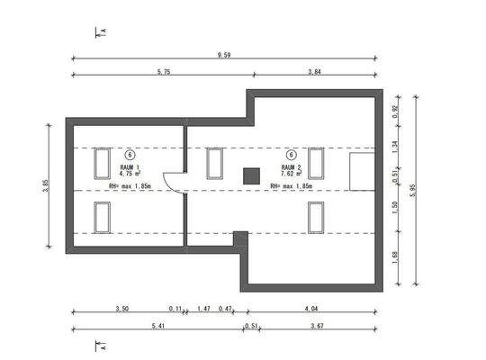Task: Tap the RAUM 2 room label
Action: pyautogui.click(x=292, y=167)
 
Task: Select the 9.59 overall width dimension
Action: pyautogui.click(x=222, y=55)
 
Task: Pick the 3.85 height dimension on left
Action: pyautogui.click(x=46, y=185)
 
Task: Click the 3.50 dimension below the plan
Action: pyautogui.click(x=122, y=309)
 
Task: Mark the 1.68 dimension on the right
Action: pyautogui.click(x=396, y=256)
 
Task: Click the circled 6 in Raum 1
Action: pyautogui.click(x=130, y=155)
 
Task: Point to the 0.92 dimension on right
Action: pyautogui.click(x=396, y=112)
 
